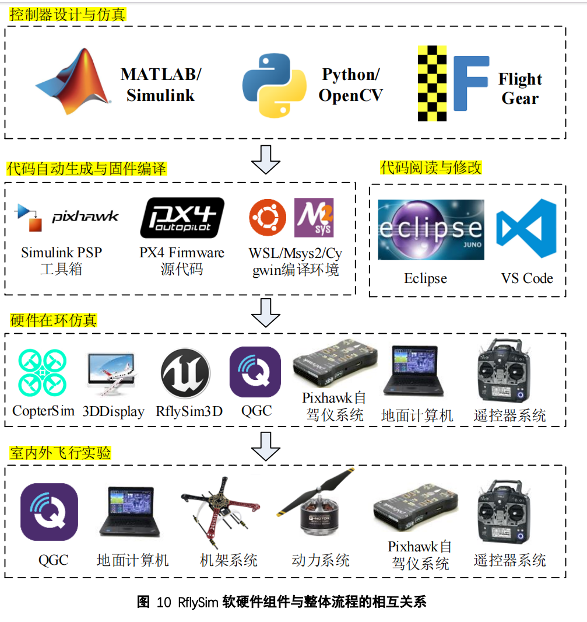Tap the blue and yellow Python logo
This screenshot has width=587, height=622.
274,85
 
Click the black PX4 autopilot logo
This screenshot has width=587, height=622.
182,218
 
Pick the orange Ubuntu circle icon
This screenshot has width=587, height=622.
268,218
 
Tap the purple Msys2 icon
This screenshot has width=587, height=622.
314,218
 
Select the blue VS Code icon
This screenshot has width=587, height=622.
526,228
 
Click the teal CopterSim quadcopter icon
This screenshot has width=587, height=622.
43,371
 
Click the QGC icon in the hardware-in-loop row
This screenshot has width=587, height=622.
255,372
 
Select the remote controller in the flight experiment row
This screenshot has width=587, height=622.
510,513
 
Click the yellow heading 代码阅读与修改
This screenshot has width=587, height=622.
431,168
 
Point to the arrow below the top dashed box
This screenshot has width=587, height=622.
266,159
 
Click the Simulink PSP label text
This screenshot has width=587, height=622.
61,253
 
